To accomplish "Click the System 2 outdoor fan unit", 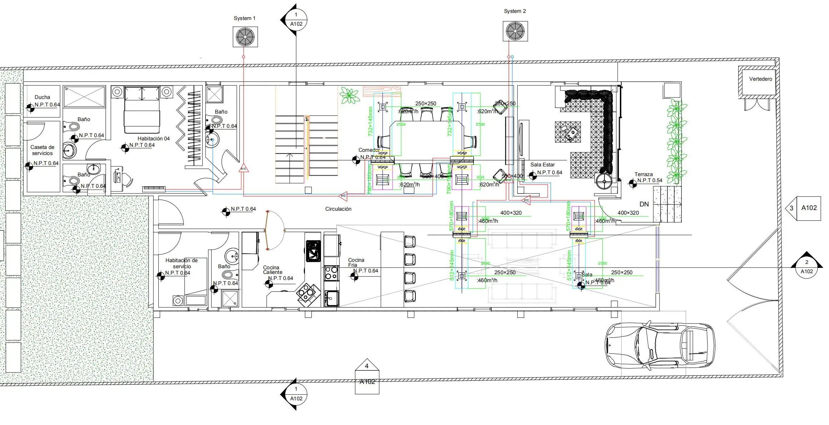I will click(x=515, y=31).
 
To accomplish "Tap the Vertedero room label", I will click(x=760, y=79).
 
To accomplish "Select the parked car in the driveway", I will click(x=660, y=346).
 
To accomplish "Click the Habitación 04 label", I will click(x=153, y=139).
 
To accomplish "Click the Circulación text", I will click(x=338, y=209).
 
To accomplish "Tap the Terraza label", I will click(x=643, y=174).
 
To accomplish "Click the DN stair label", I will click(x=644, y=204).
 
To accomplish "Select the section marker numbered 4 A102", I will click(x=367, y=376).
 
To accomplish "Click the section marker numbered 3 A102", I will click(x=804, y=208).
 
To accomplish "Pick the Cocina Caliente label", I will click(x=273, y=270).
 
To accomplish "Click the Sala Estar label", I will click(x=542, y=165).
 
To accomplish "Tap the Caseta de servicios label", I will click(x=42, y=150).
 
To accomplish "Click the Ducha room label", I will click(x=42, y=97).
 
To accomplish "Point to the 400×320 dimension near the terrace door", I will click(x=628, y=213).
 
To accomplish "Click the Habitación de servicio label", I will click(x=182, y=263).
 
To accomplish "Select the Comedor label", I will click(x=369, y=150).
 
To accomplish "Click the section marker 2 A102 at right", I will click(x=806, y=267).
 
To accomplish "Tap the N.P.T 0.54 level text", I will click(x=650, y=180).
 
